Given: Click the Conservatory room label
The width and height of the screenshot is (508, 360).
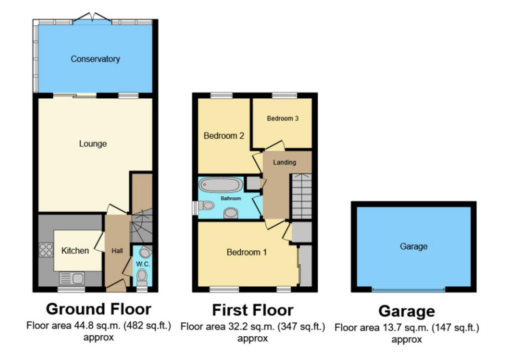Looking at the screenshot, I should coord(95,59).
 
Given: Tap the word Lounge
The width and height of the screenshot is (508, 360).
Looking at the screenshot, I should coord(93,144).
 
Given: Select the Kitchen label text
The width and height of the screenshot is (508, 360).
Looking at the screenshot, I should coord(75,251).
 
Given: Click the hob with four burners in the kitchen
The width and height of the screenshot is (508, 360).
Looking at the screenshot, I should coord(46,250).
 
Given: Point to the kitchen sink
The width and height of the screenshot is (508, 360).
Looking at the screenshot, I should coord(72,278).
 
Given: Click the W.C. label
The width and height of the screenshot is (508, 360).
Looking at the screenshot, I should coord(141,264).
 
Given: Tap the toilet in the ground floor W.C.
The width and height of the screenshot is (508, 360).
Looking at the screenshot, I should coord(142,277).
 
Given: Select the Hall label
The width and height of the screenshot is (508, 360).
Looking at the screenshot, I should coord(117,251).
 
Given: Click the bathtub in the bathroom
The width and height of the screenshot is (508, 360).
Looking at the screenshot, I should coord(221,185).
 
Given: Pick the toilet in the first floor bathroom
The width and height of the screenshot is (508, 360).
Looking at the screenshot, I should coord(207,206).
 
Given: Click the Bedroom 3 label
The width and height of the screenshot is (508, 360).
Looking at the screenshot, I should coord(282,119).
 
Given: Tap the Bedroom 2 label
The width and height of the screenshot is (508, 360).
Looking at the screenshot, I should coord(224,136).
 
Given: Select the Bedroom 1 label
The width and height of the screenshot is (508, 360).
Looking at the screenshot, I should coord(246,252).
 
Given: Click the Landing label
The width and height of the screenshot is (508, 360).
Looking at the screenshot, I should coord(284,162).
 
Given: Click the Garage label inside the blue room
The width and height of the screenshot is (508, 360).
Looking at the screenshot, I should coord(414,246).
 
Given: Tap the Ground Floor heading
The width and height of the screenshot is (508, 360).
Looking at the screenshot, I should coord(98,309).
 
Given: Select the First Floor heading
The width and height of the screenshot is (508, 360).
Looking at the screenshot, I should coord(252,310).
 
